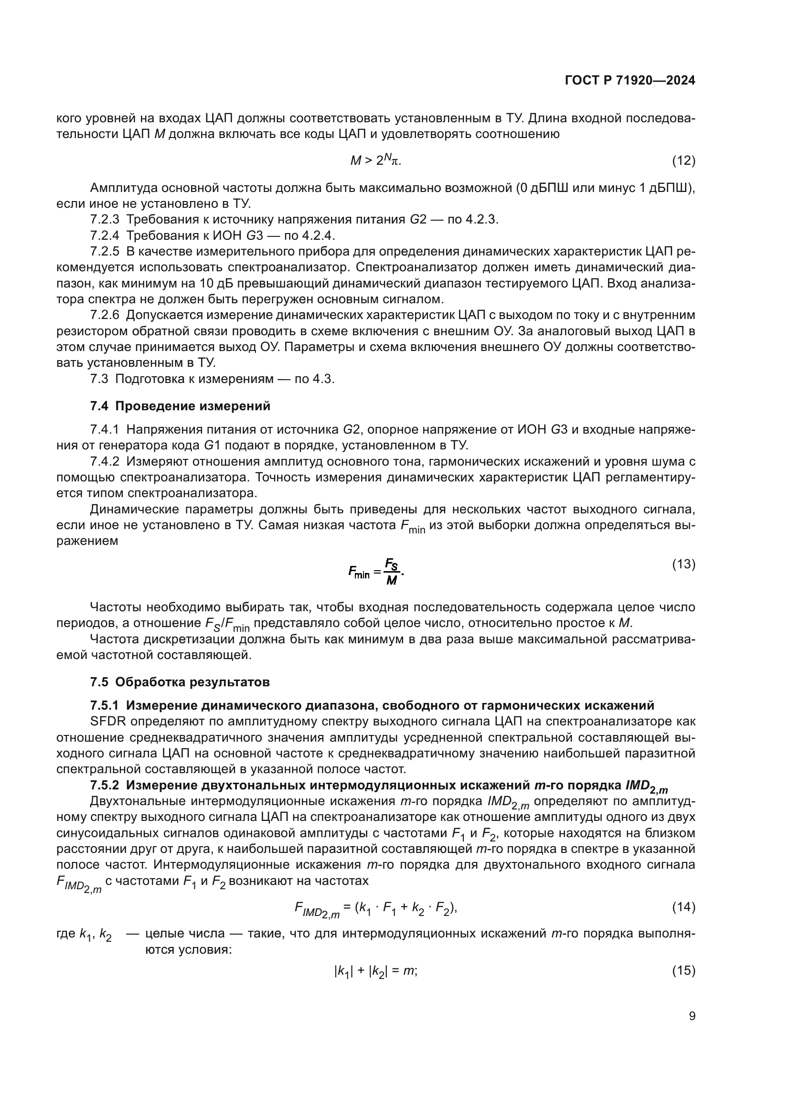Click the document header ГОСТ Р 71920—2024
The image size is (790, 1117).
[x=630, y=81]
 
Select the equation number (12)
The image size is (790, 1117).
[x=683, y=160]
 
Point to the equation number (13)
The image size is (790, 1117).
[x=683, y=564]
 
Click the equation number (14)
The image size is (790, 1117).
[x=683, y=907]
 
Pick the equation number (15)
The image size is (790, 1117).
[x=683, y=970]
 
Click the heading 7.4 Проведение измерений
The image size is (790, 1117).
[x=180, y=406]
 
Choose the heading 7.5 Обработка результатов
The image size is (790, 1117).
[x=180, y=682]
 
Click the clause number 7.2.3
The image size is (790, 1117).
[x=105, y=219]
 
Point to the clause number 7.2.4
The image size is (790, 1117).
[x=105, y=235]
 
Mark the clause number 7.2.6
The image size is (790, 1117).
[x=105, y=315]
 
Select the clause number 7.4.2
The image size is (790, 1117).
[x=105, y=462]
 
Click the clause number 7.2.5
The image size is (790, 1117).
[x=105, y=252]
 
